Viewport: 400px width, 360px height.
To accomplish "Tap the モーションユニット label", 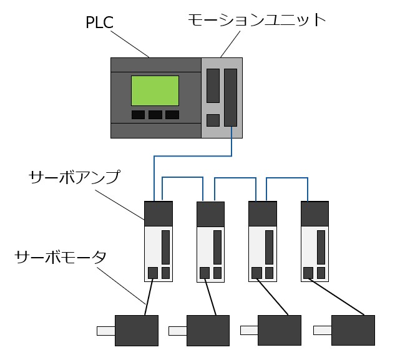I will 256,20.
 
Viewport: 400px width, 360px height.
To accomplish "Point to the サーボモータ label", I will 61,257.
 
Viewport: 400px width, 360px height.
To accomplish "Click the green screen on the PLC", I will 155,90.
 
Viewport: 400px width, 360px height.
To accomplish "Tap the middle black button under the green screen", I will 155,115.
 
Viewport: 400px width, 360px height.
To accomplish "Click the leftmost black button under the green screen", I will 138,115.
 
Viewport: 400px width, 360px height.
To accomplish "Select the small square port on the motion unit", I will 213,120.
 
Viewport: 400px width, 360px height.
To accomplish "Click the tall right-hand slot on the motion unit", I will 231,98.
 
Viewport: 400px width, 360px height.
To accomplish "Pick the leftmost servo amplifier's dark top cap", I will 158,213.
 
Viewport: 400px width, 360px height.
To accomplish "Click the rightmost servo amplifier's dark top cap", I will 315,213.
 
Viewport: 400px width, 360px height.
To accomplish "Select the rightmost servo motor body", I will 353,330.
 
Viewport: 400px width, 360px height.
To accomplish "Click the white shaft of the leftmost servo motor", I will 105,331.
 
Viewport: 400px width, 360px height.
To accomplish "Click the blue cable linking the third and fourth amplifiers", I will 288,178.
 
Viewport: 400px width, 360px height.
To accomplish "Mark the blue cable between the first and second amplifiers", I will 183,178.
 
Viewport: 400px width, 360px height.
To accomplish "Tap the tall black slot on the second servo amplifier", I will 218,247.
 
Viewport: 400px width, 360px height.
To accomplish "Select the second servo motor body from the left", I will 208,330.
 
